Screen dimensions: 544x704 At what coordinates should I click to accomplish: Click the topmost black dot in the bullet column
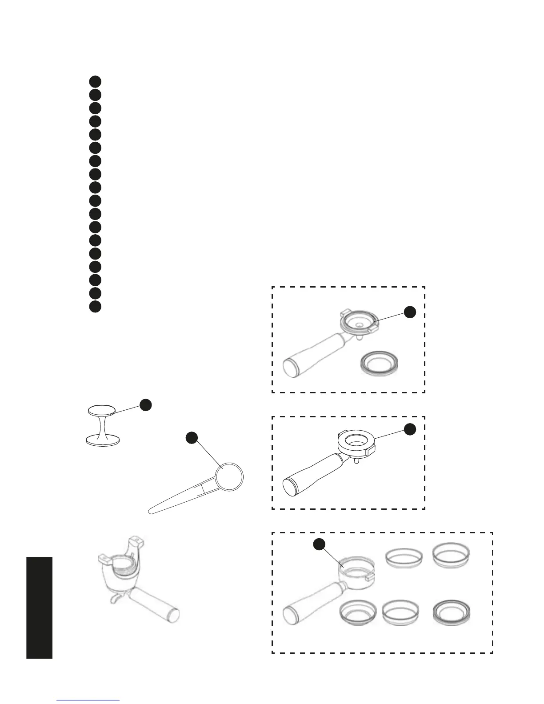point(95,81)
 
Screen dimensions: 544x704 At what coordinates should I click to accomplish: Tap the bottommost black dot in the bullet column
point(95,306)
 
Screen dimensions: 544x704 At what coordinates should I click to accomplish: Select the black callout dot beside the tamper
point(145,404)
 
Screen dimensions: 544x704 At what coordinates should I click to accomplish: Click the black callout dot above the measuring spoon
point(191,438)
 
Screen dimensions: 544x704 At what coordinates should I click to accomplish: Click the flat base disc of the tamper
point(103,441)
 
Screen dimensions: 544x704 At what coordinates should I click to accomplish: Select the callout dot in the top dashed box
point(410,312)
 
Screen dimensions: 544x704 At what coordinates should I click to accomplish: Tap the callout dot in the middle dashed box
point(409,429)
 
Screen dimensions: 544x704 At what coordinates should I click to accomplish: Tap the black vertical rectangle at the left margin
point(39,608)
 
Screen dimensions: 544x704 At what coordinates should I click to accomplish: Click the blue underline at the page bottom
point(88,700)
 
